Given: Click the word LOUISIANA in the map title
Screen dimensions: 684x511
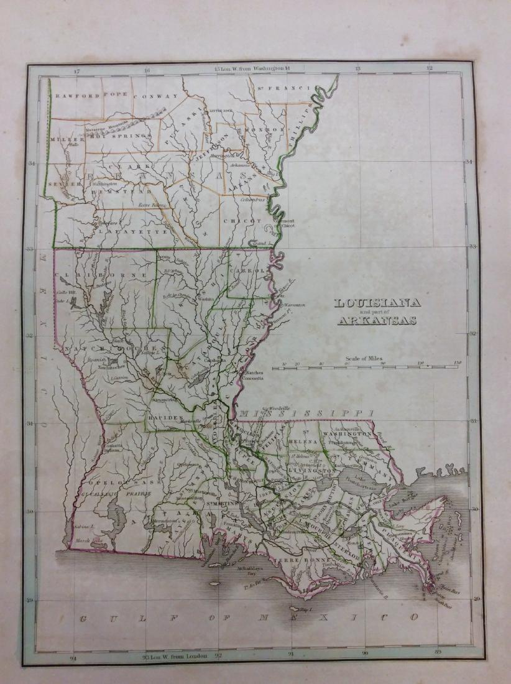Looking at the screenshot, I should pos(377,303).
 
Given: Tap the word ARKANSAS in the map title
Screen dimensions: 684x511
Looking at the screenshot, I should pos(377,321).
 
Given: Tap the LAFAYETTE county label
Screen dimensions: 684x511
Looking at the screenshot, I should pos(132,231).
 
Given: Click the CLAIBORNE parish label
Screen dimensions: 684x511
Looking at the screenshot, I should pos(103,274).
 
